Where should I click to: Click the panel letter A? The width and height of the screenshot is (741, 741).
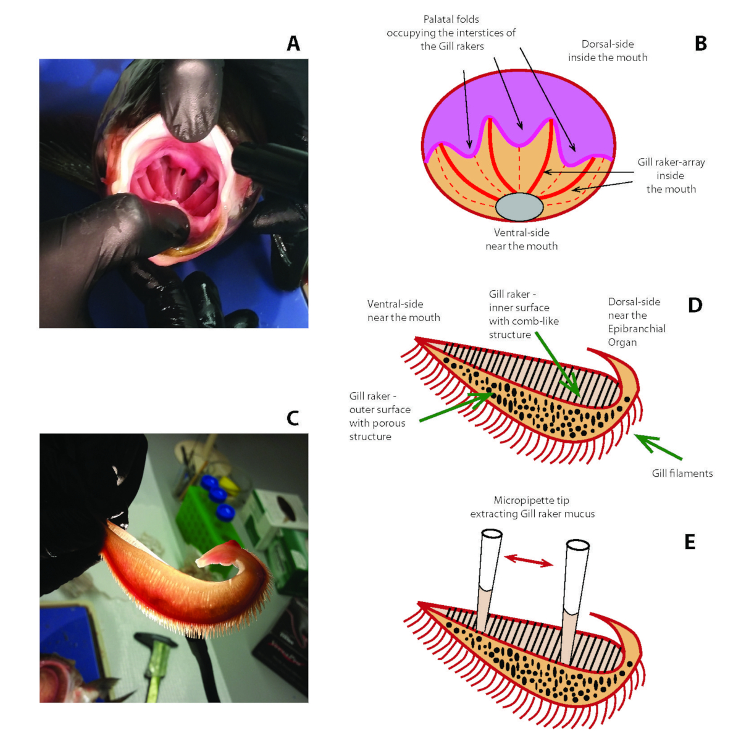point(293,43)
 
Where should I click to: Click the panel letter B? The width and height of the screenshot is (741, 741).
point(700,43)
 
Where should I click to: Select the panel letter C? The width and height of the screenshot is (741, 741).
point(293,418)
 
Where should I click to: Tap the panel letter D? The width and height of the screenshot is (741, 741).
point(695,305)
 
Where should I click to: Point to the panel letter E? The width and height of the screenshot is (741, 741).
point(690,542)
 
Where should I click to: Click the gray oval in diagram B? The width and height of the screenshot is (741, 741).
point(519,207)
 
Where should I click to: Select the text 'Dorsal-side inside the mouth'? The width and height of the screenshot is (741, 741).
point(608,51)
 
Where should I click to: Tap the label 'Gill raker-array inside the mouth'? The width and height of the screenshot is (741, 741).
point(671,175)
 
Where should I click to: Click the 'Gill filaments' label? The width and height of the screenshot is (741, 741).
point(682,473)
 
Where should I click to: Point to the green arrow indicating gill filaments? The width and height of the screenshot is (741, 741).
point(659,447)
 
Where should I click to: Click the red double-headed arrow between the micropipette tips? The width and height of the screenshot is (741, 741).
point(529,560)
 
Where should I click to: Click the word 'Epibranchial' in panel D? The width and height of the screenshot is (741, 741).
point(637,329)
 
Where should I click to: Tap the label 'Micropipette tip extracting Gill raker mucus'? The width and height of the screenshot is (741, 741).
point(532,507)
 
